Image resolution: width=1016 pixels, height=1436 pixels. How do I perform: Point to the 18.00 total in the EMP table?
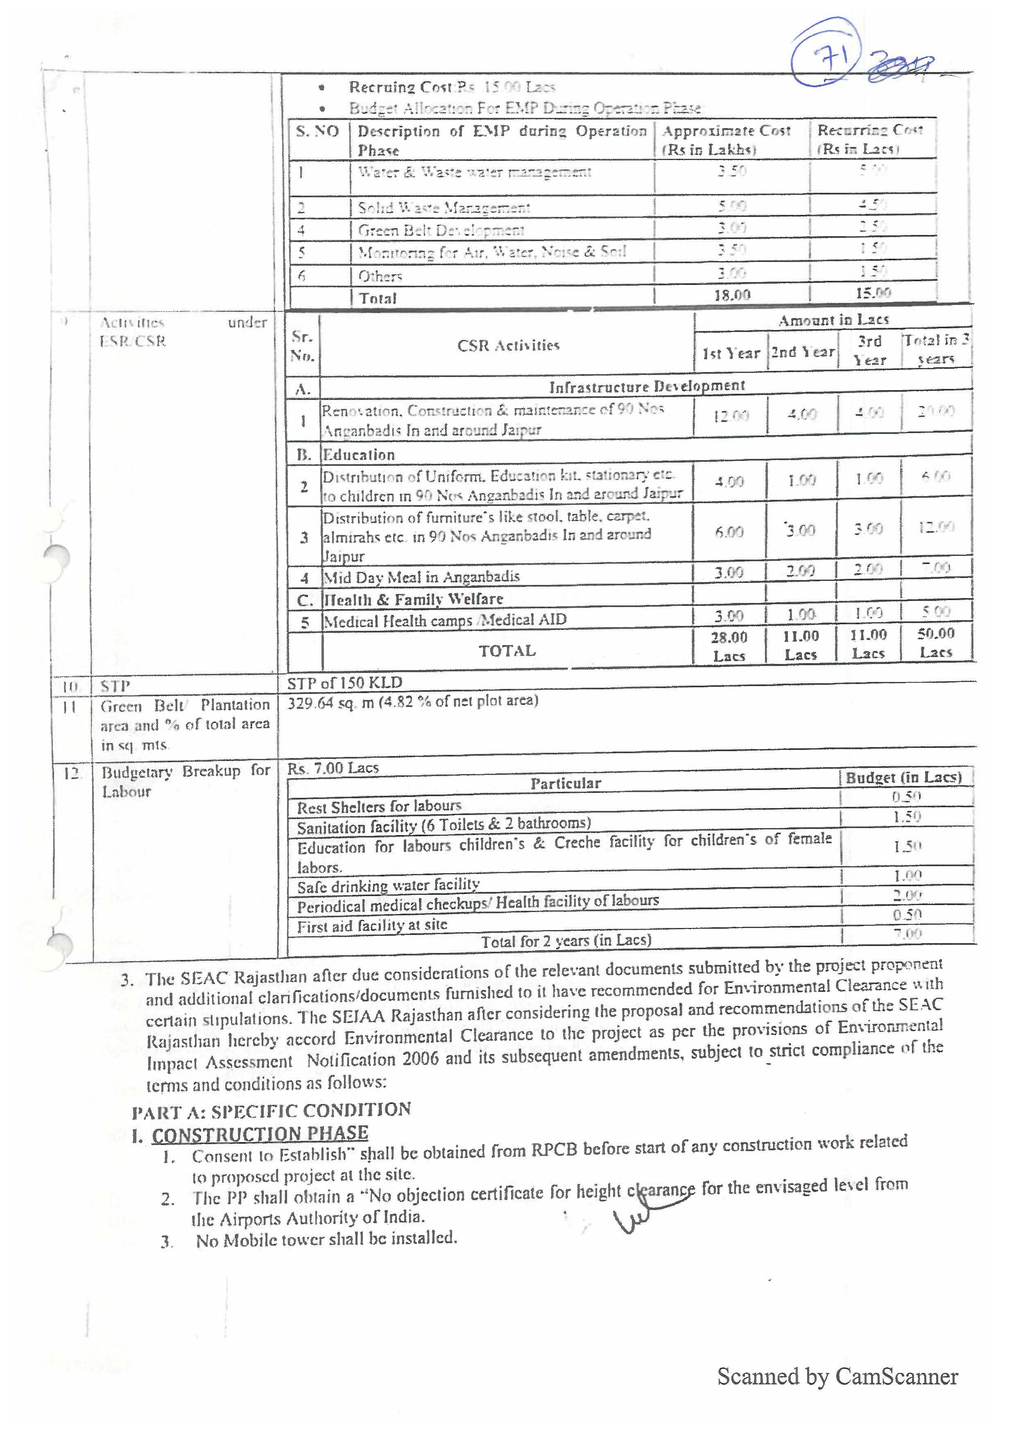[732, 295]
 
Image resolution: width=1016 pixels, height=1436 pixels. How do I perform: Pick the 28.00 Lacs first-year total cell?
[729, 646]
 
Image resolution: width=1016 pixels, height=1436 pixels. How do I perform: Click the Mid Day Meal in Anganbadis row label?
[421, 576]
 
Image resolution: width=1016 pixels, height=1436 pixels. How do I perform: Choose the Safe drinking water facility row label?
[388, 885]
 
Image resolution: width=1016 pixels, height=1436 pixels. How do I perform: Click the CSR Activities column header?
[508, 345]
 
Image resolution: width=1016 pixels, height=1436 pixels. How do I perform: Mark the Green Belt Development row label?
[441, 230]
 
